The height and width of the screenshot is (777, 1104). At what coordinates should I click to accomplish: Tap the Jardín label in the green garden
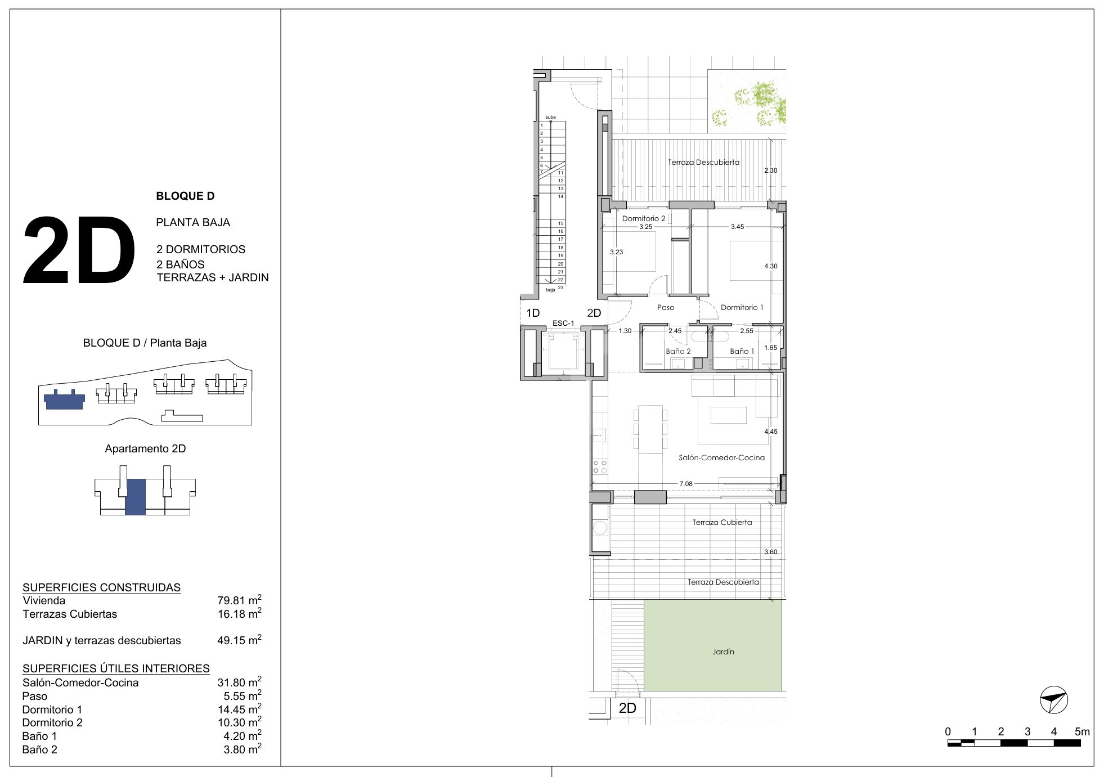pos(723,652)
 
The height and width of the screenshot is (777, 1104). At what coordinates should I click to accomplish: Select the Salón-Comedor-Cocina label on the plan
pos(721,457)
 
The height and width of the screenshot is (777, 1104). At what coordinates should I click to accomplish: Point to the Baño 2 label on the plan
pos(678,351)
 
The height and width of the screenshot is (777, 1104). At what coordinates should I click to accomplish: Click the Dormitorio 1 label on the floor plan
pos(742,307)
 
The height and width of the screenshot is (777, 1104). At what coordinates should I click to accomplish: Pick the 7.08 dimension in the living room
pos(685,483)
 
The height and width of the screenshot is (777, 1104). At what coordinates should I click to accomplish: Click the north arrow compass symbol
pos(1053,700)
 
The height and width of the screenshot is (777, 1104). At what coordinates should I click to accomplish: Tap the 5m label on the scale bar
pos(1082,732)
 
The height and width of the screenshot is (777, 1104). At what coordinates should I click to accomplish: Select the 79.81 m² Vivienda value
pos(239,600)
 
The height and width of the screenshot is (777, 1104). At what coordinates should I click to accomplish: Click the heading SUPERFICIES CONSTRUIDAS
pos(101,587)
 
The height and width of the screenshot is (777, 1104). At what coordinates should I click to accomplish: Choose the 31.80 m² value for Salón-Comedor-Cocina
pos(239,682)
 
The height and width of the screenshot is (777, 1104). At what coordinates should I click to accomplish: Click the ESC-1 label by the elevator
pos(563,324)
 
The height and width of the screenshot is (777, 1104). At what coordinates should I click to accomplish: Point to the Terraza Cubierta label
pos(722,522)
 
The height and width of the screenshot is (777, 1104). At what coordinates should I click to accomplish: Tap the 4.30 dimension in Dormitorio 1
pos(770,266)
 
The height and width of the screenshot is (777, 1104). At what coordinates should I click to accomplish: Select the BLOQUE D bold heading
pos(185,196)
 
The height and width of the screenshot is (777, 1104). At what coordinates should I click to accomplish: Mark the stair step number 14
pos(561,196)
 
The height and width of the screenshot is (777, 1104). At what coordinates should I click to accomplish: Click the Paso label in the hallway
pos(666,307)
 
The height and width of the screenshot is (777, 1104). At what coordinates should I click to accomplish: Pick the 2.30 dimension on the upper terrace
pos(770,170)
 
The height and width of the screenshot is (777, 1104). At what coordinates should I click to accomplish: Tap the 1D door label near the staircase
pos(532,313)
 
